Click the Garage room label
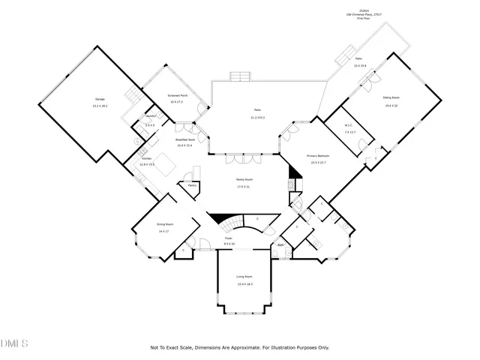point(99,99)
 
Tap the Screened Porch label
point(176,95)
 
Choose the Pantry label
point(193,184)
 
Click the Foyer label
point(228,238)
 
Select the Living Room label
point(244,277)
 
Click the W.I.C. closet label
point(349,125)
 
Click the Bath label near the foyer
point(280,244)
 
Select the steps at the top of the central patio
point(240,76)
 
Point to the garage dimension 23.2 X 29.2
point(99,105)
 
